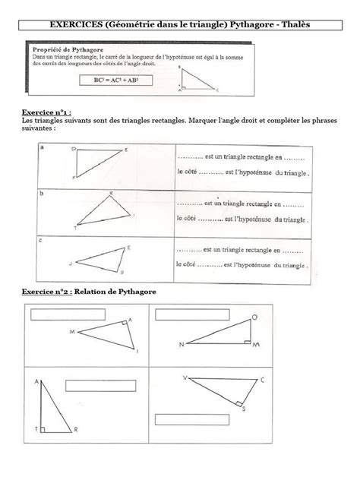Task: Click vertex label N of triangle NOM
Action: click(182, 344)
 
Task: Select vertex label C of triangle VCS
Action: click(263, 380)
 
